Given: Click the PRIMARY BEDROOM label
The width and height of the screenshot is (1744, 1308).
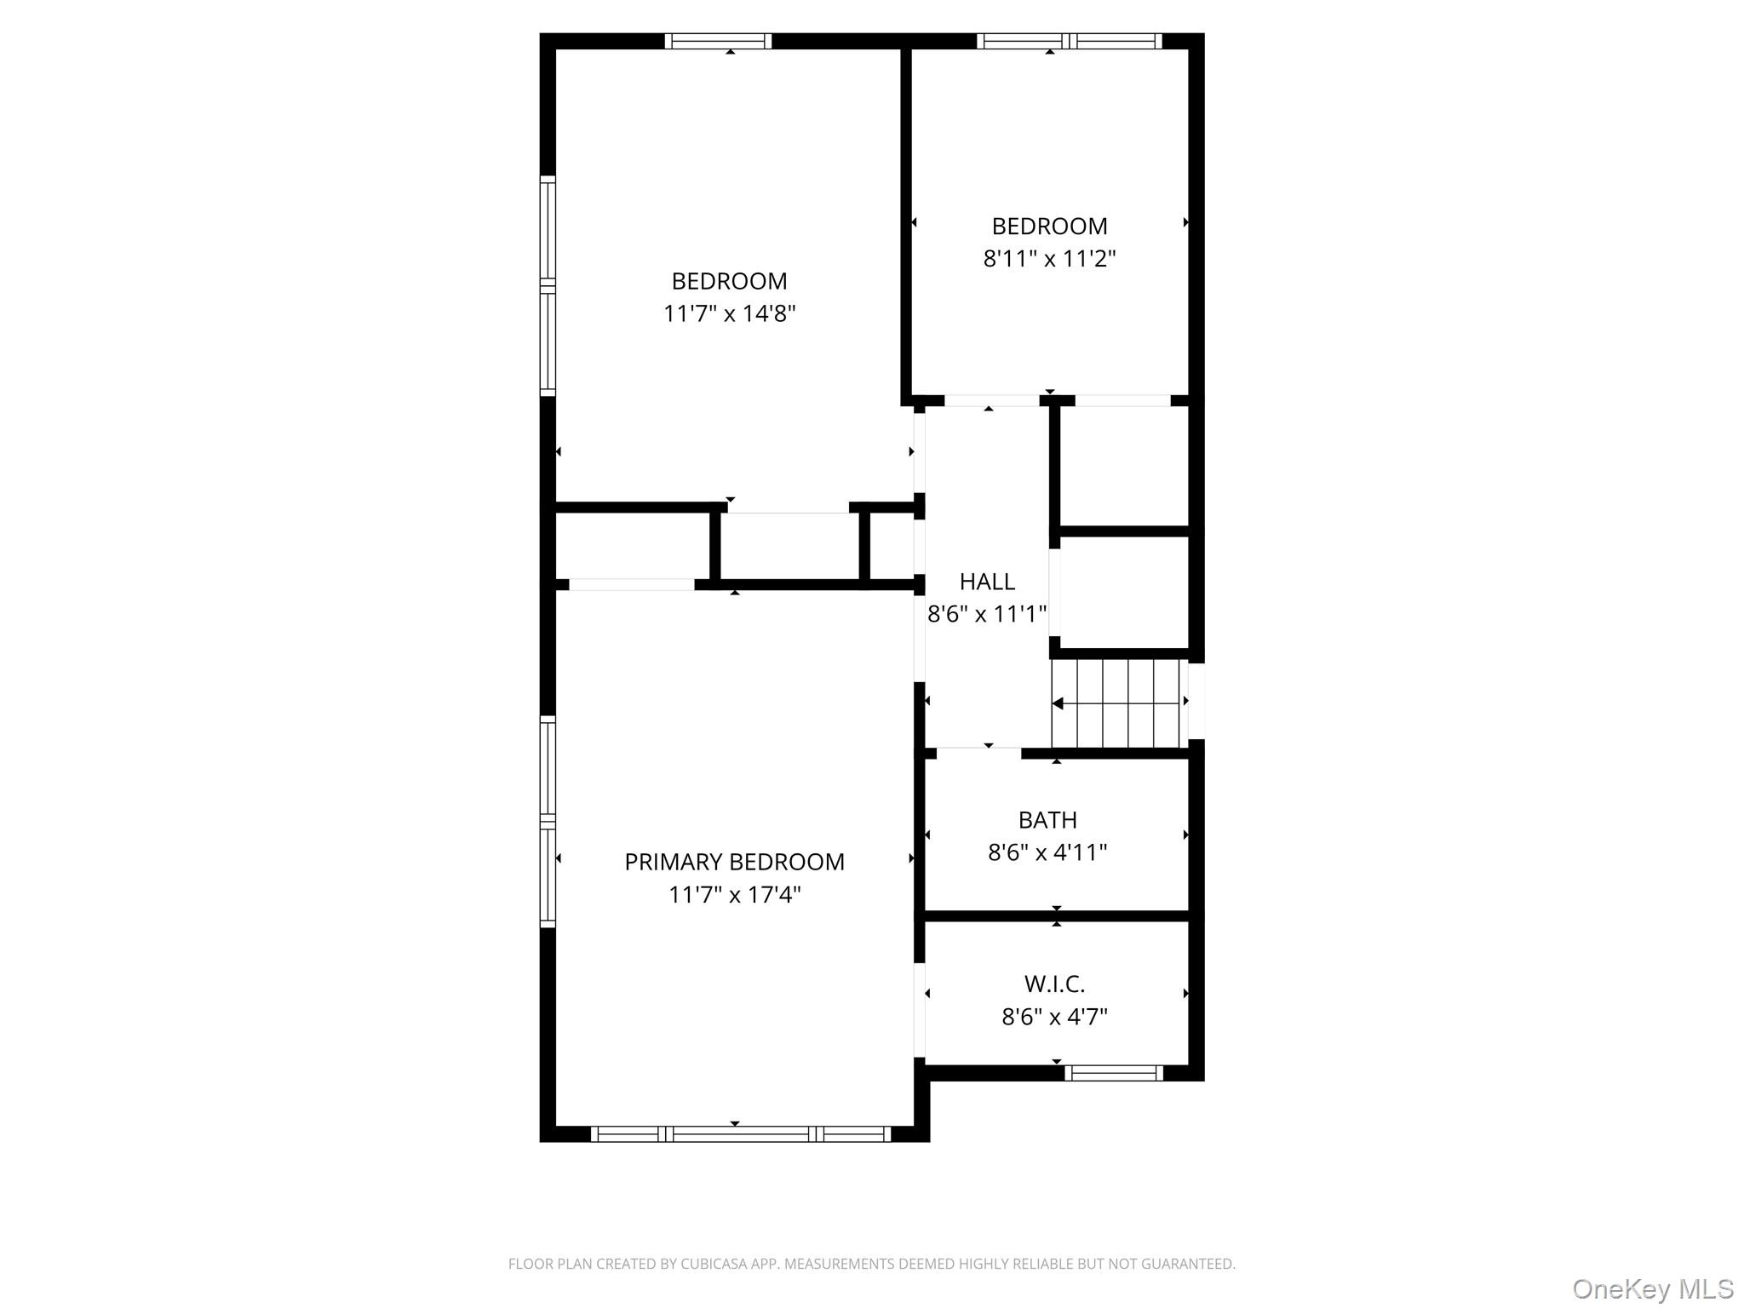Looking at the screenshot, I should (734, 862).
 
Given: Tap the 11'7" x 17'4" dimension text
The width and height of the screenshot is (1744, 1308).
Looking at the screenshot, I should (734, 895).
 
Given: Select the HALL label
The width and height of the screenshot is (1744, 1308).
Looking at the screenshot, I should (987, 582).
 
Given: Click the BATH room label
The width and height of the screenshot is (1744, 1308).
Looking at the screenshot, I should (1047, 820).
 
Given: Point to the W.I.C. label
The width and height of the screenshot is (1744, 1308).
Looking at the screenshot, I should (1054, 984).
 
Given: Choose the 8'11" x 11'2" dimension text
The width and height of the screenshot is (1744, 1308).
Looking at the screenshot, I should (1049, 259).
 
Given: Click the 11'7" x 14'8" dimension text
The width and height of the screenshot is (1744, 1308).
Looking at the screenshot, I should (729, 314).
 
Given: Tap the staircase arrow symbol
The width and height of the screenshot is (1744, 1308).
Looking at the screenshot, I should (1058, 703).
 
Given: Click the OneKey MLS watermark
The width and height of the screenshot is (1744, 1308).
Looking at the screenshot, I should (1652, 1288).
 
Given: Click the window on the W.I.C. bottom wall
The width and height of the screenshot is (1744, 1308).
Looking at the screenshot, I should (1113, 1073).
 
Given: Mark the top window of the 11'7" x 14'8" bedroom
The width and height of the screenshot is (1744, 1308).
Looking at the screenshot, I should (718, 41).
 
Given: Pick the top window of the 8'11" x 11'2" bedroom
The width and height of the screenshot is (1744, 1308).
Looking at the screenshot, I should (1069, 41).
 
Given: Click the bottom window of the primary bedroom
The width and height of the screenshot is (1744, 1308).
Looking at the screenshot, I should (740, 1133).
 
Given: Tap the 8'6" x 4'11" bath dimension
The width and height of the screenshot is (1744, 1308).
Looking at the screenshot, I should (1047, 852).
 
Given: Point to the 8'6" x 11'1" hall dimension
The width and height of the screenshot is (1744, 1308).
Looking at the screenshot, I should (987, 614).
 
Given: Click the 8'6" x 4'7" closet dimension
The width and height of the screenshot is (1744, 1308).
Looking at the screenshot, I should (1054, 1017).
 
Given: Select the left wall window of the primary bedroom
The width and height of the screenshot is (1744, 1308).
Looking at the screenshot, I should (548, 822).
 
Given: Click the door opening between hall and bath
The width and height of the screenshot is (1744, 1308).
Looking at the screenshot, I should (978, 753).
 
